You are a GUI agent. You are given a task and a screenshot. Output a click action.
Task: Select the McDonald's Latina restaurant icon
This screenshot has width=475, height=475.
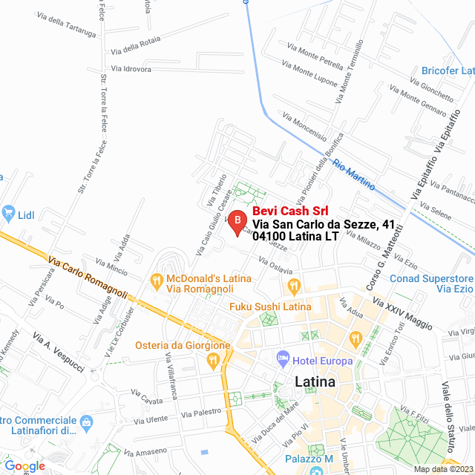click(x=156, y=281)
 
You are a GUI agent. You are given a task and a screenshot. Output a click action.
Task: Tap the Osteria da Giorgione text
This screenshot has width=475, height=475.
click(x=183, y=346)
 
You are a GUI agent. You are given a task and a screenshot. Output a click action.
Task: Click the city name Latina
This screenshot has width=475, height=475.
click(x=315, y=382)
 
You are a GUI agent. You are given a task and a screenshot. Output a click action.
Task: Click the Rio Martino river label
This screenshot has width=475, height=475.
click(x=354, y=175)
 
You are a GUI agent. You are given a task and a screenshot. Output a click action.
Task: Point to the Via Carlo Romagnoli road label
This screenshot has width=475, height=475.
click(x=87, y=275)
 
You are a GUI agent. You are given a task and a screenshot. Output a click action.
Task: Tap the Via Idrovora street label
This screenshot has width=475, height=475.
click(x=131, y=70)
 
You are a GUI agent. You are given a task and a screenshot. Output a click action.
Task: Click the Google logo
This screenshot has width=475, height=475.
click(x=24, y=466)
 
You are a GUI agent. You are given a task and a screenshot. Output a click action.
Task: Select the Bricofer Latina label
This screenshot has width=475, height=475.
click(x=448, y=71)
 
